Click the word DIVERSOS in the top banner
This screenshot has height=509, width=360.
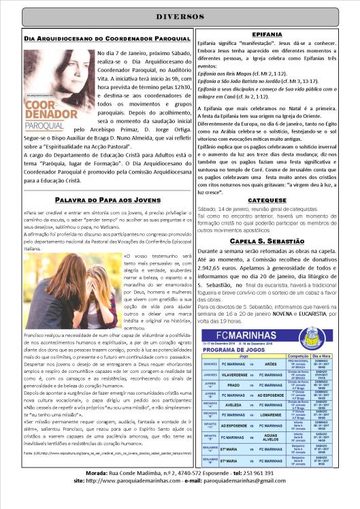click(x=180, y=16)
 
